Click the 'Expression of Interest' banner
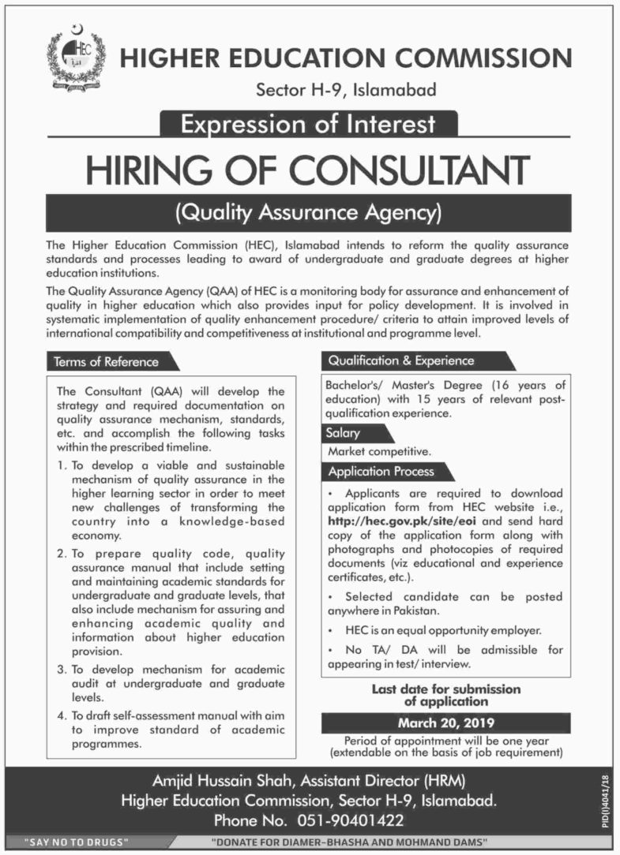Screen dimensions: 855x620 [x=309, y=124]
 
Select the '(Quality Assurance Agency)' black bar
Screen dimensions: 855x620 [x=309, y=212]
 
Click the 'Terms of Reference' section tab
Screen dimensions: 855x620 [x=107, y=362]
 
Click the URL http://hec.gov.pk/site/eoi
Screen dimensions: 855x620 [x=393, y=521]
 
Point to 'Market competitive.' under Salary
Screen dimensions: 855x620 [x=379, y=453]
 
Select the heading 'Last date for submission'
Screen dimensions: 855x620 [x=446, y=689]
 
